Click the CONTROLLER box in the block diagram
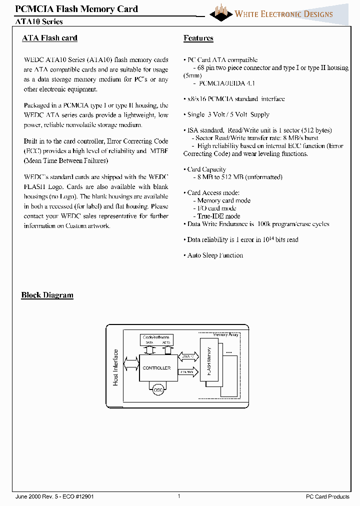[x=156, y=368]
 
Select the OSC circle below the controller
[x=158, y=390]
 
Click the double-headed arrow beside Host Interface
[x=130, y=363]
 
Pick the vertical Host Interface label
[x=115, y=367]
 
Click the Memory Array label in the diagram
[x=225, y=334]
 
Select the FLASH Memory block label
[x=208, y=359]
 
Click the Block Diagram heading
[x=47, y=295]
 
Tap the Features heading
[x=198, y=38]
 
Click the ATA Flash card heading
[x=49, y=38]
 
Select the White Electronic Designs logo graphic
[x=220, y=12]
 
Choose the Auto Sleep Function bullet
[x=215, y=255]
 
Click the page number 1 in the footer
[x=178, y=496]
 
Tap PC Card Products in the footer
[x=327, y=496]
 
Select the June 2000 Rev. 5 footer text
[x=54, y=496]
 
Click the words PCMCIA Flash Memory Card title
[x=76, y=9]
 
